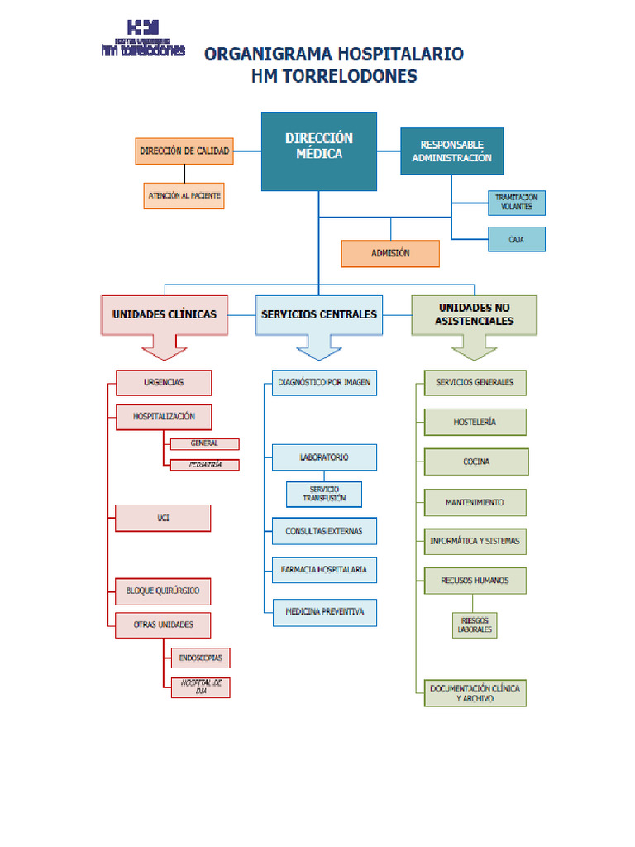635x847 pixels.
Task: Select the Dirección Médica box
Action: tap(319, 151)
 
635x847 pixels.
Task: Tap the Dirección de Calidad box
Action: tap(184, 151)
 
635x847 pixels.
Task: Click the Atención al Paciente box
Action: tap(184, 196)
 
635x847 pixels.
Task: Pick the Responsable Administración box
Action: tap(451, 151)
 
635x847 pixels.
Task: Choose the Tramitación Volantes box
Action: tap(516, 202)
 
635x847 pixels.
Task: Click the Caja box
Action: tap(516, 240)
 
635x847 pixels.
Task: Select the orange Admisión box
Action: tap(390, 254)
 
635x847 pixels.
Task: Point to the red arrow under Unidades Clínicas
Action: tap(165, 348)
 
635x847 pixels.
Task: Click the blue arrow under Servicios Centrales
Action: tap(319, 348)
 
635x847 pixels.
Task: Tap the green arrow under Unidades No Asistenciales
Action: tap(474, 348)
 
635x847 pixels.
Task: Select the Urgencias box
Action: tap(164, 383)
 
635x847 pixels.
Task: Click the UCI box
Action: tap(164, 518)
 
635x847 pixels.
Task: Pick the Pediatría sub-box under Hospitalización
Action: tap(205, 465)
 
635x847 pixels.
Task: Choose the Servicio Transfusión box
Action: tap(324, 494)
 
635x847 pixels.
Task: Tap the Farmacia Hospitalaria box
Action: tap(324, 570)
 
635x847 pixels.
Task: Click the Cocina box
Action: tap(476, 462)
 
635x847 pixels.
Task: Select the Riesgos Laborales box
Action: tap(475, 625)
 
